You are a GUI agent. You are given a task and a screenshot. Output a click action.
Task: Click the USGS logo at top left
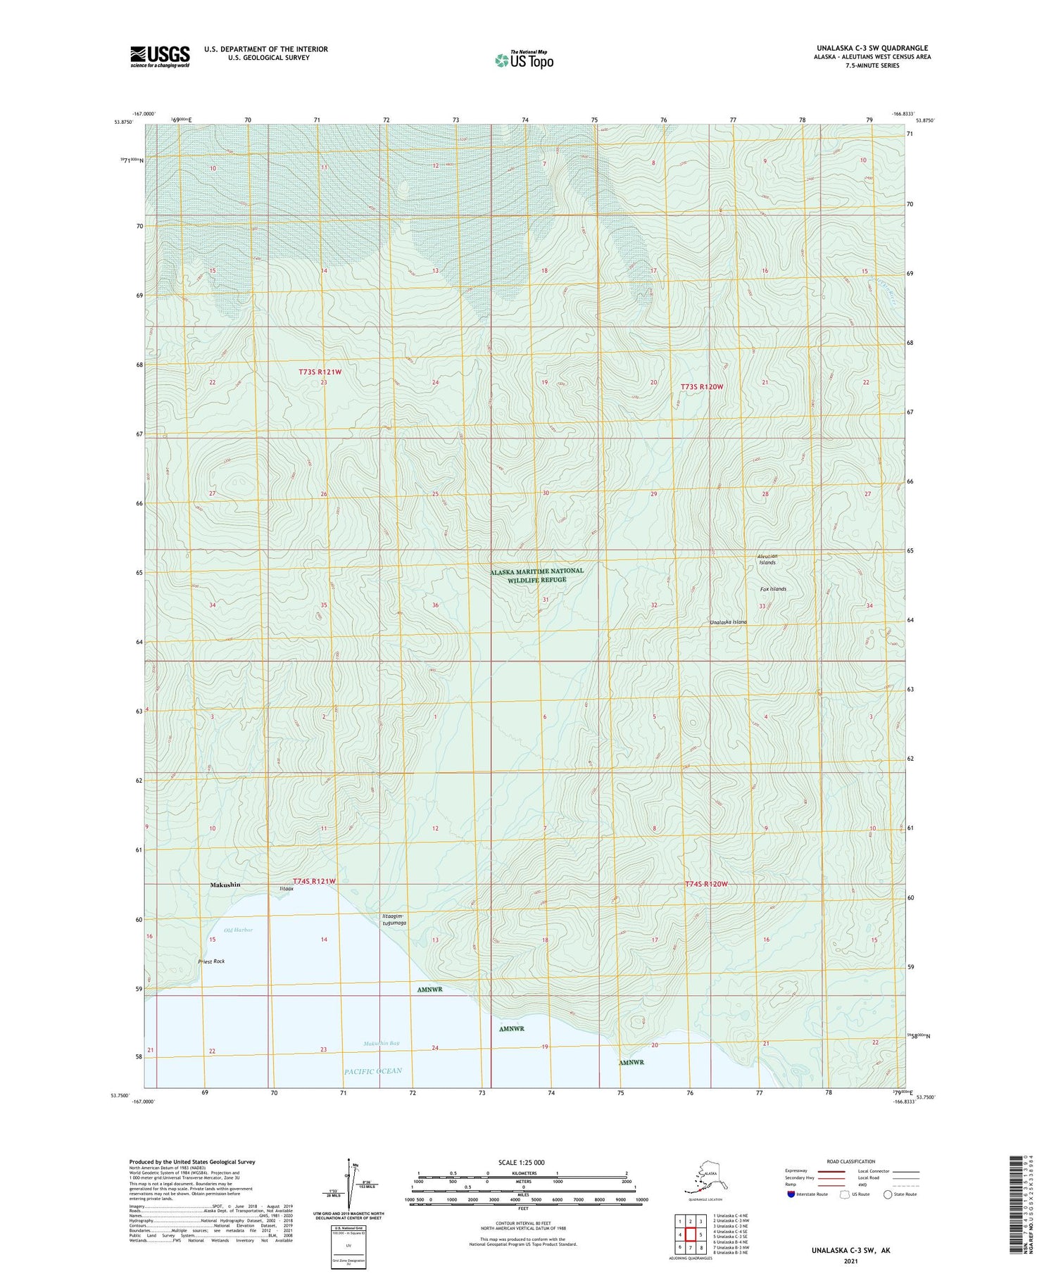(x=160, y=56)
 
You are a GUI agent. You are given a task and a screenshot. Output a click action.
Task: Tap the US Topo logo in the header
(x=524, y=60)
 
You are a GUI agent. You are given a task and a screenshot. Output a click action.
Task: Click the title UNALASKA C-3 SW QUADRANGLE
(x=872, y=48)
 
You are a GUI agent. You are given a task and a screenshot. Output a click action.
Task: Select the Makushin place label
(x=225, y=885)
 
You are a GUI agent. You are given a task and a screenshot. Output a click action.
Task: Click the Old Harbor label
(x=238, y=930)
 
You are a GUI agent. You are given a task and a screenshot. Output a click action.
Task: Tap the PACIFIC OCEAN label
(x=373, y=1071)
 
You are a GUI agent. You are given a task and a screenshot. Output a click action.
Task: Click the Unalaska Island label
(x=728, y=622)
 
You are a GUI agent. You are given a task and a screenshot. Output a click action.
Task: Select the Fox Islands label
(x=773, y=589)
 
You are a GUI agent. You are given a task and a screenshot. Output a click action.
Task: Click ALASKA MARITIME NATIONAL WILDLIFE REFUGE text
(x=537, y=575)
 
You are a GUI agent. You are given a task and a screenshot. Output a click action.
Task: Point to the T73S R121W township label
(x=320, y=372)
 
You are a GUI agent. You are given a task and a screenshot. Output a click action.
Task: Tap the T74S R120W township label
(x=705, y=884)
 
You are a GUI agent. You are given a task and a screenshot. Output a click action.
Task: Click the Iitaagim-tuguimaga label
(x=394, y=919)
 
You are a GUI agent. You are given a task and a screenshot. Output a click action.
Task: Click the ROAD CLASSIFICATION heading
(x=850, y=1162)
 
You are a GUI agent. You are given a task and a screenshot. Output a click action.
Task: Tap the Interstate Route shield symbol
(x=791, y=1194)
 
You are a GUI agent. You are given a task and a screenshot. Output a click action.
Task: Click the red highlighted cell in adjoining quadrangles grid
(x=691, y=1234)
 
